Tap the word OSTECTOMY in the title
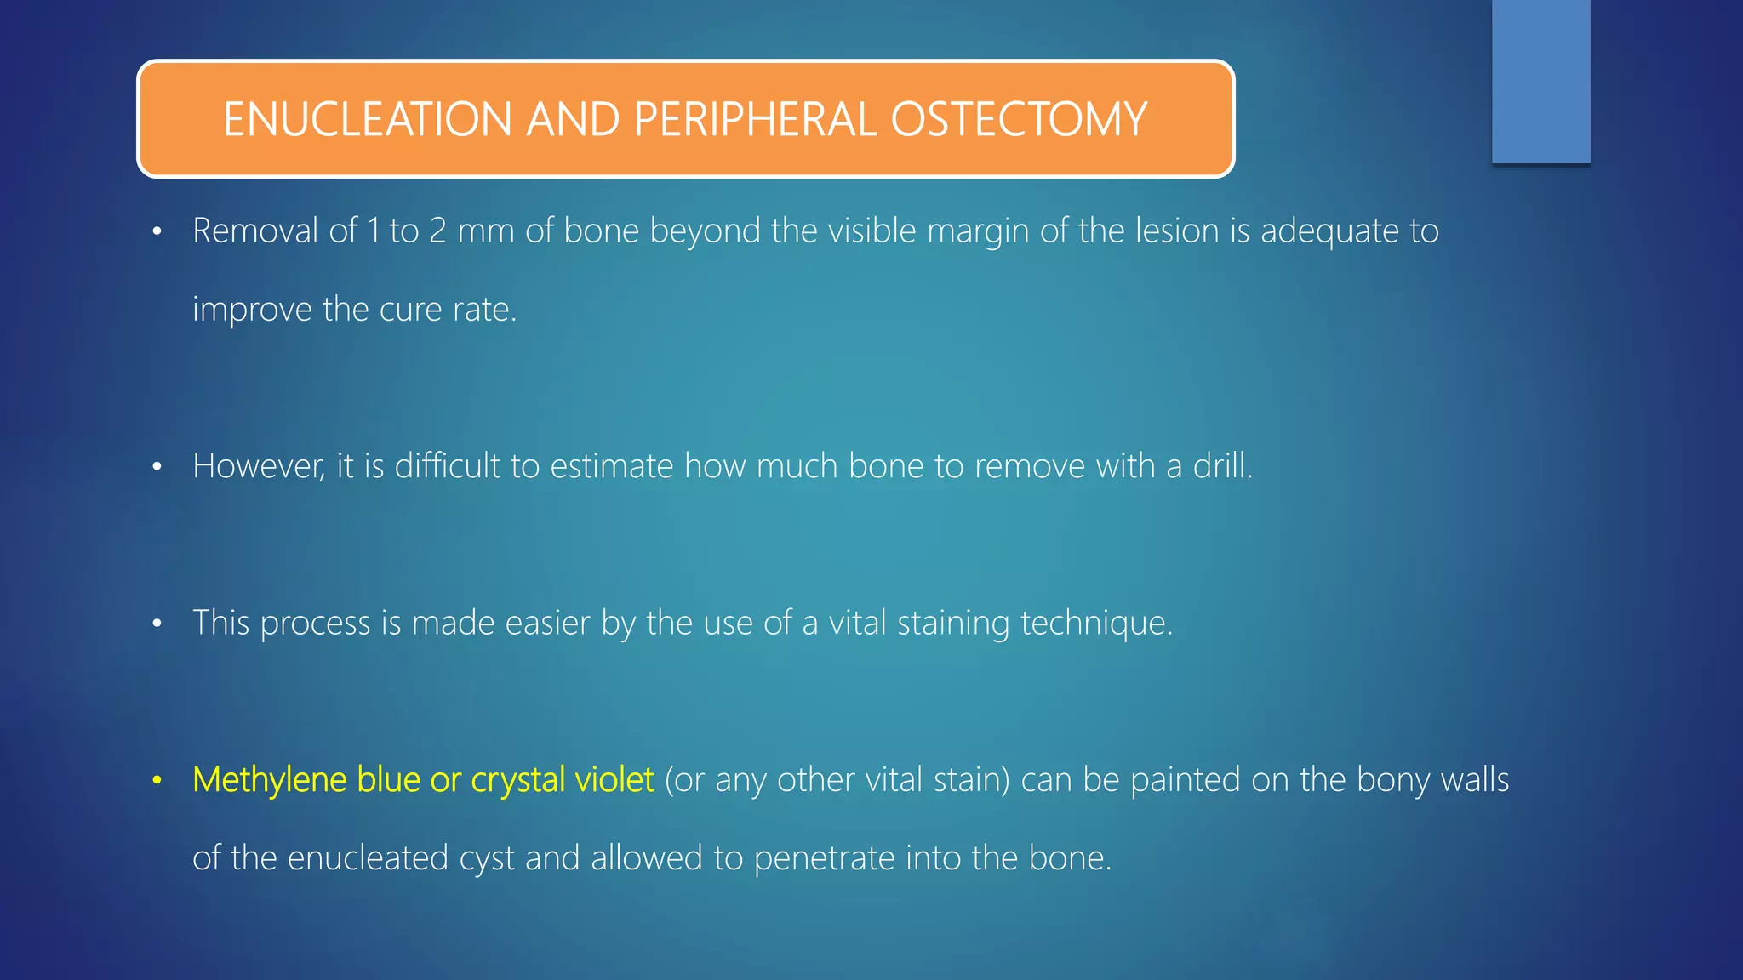[x=1019, y=119]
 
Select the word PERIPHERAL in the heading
[x=754, y=119]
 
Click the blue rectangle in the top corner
[x=1540, y=81]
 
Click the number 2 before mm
[x=437, y=231]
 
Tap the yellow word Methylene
[x=269, y=780]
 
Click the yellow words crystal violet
[x=562, y=780]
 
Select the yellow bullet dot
[x=157, y=781]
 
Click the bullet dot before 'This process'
[x=157, y=624]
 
